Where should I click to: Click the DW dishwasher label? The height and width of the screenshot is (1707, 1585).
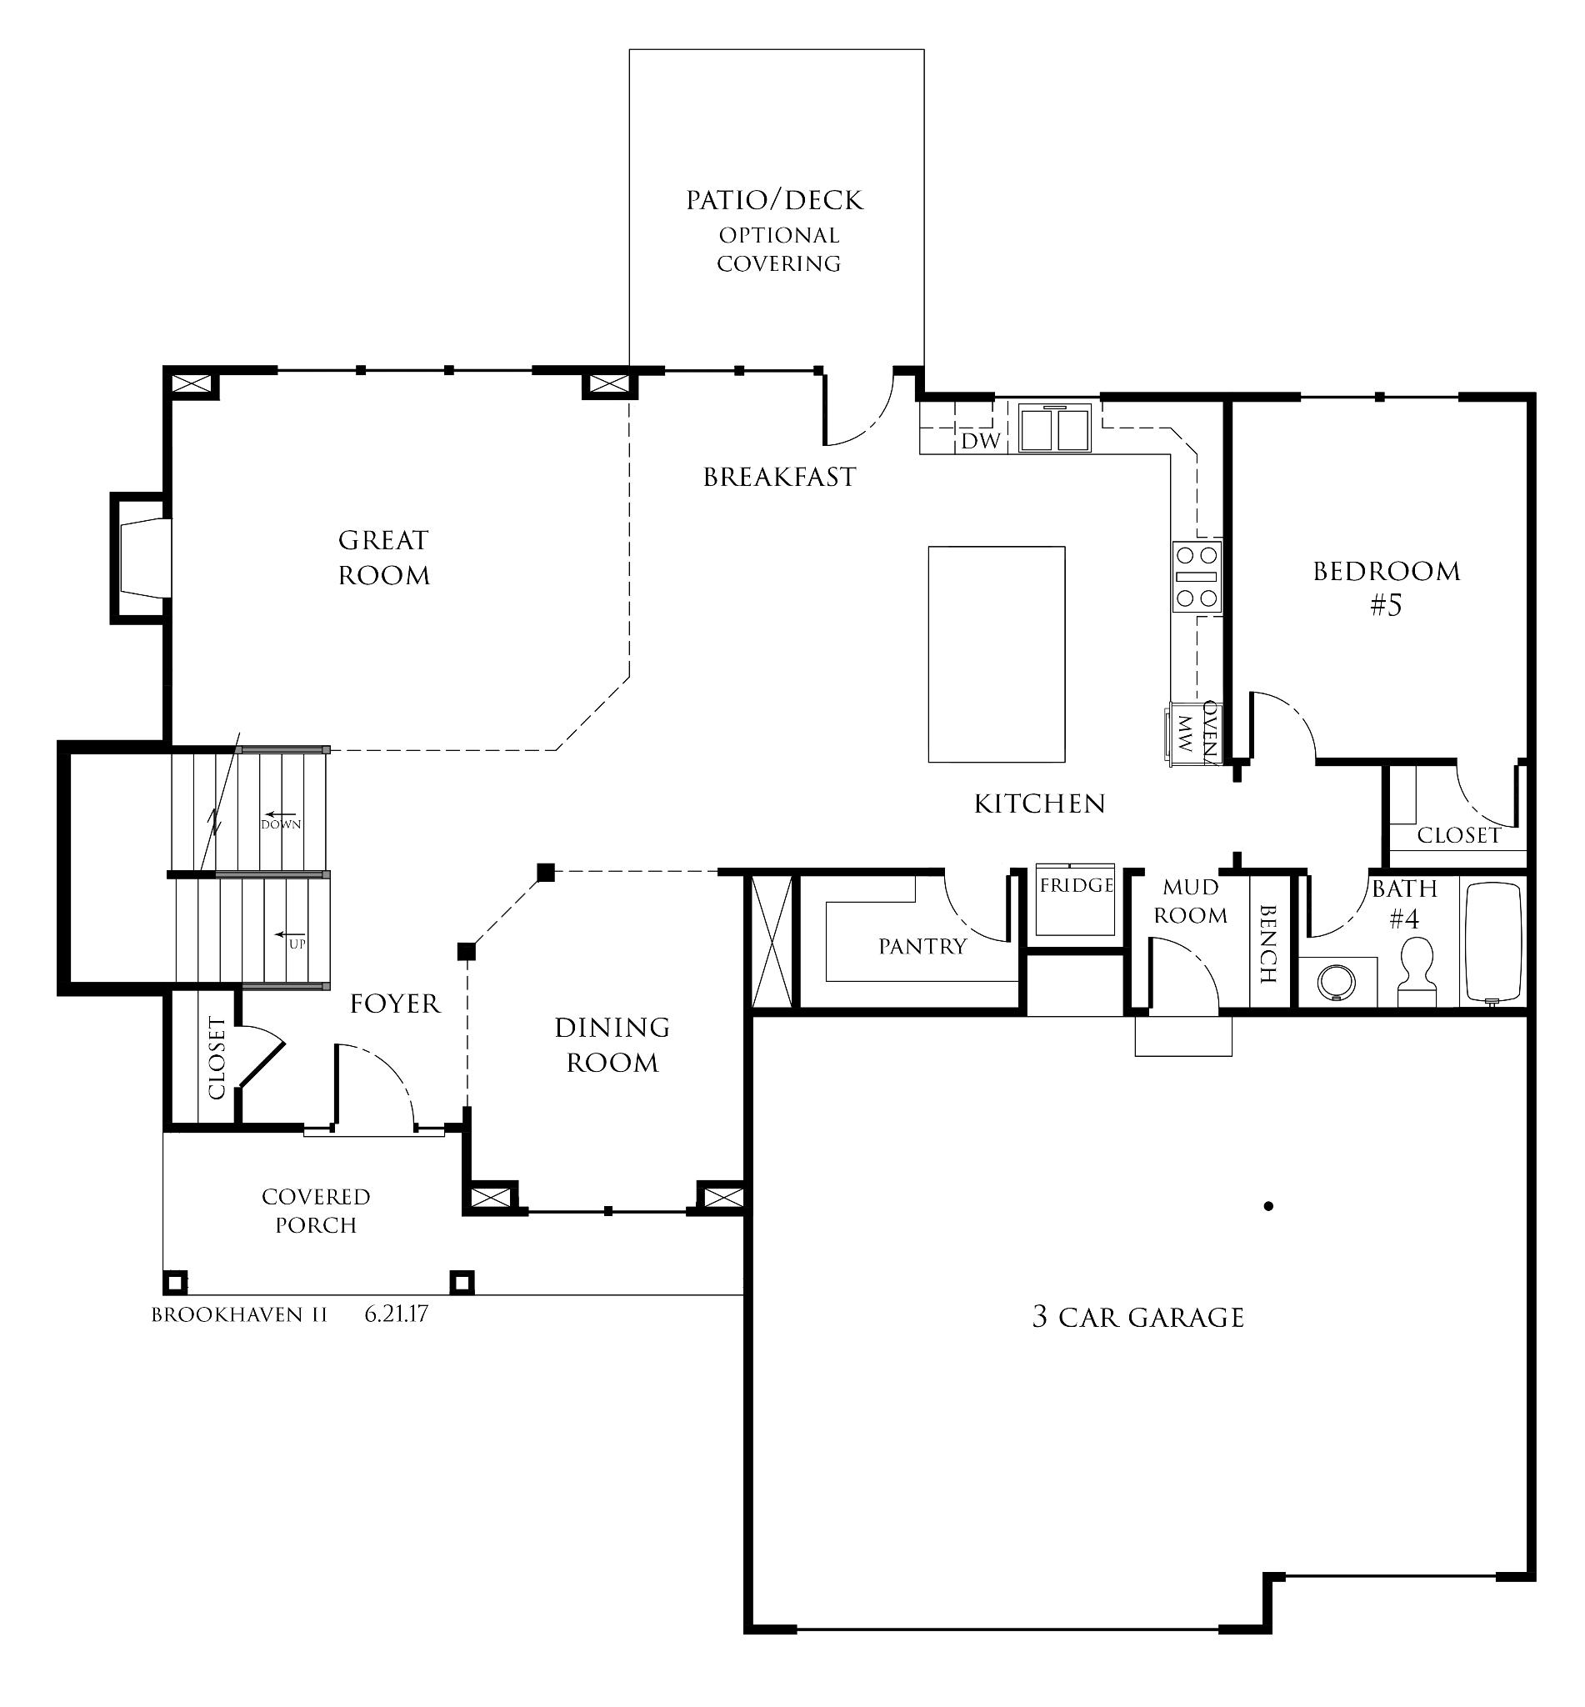click(x=980, y=441)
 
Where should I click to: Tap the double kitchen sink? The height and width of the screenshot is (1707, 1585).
click(x=1055, y=428)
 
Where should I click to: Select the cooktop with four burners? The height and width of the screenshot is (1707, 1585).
click(x=1197, y=576)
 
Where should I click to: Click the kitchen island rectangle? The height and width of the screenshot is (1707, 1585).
click(x=996, y=653)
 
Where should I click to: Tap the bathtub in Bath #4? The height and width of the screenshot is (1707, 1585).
click(x=1493, y=941)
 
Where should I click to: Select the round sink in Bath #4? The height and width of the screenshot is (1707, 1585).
click(x=1333, y=980)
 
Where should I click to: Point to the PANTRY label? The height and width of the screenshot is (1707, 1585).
click(x=922, y=946)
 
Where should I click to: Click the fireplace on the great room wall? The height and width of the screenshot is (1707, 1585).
click(x=143, y=558)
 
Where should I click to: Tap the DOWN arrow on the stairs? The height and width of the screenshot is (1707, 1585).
click(x=281, y=816)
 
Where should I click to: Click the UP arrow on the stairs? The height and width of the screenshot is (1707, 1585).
click(x=292, y=935)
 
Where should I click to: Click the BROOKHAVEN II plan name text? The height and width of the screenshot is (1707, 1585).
click(x=239, y=1315)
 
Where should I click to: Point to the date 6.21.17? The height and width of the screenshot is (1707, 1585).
click(x=397, y=1314)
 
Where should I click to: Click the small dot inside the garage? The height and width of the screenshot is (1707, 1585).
click(x=1268, y=1206)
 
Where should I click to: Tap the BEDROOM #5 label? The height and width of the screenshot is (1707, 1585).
click(x=1386, y=588)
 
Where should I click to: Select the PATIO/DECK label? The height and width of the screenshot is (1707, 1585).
click(x=773, y=201)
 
